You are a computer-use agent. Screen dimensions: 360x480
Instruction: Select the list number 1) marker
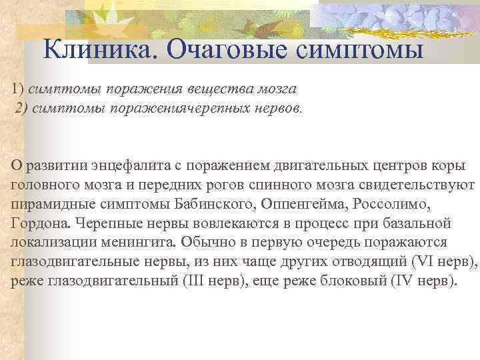(x=17, y=89)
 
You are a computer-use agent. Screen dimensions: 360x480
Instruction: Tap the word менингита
(x=133, y=242)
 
